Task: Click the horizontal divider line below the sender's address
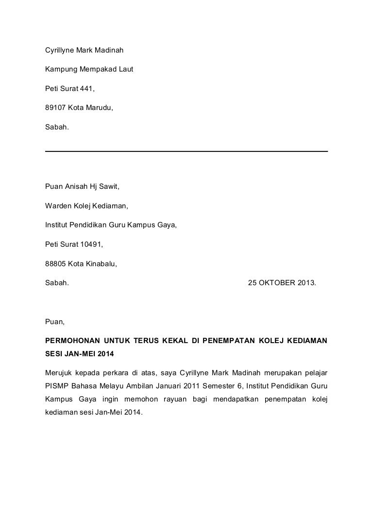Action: tap(186, 151)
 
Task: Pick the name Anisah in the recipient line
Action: tap(75, 186)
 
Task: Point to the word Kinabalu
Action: tap(101, 264)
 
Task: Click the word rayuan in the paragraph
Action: tap(210, 400)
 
